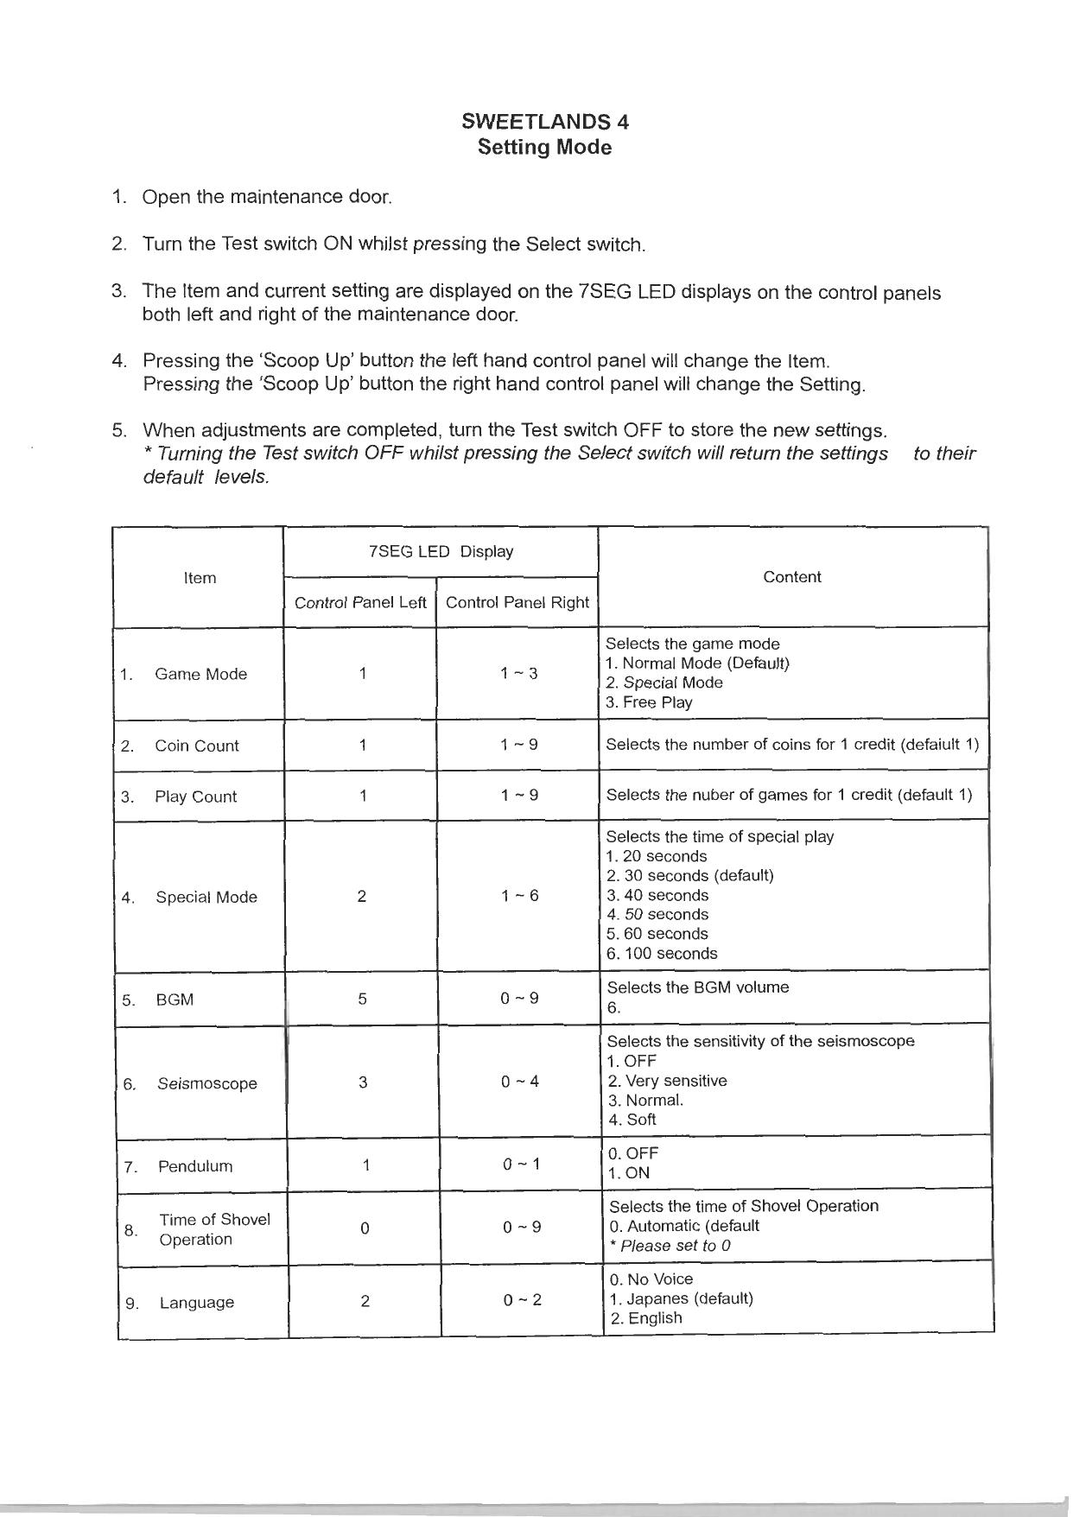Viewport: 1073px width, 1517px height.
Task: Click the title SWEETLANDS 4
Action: (545, 122)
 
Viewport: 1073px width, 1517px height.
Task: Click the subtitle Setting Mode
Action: (545, 148)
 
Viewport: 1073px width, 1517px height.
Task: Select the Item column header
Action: (200, 578)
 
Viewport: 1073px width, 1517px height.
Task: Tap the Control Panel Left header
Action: (360, 603)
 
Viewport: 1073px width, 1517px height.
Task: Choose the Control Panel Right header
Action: (517, 603)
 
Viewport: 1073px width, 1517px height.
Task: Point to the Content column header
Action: (792, 577)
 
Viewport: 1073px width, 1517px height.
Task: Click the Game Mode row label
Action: (200, 675)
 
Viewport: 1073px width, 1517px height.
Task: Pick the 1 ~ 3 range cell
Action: (518, 674)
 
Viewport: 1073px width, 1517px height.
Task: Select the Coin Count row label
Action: (197, 746)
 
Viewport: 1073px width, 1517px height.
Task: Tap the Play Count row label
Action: (195, 797)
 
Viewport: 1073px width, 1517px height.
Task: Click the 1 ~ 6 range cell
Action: (519, 896)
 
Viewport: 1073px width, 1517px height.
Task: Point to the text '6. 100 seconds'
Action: (663, 954)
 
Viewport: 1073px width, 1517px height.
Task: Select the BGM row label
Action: (175, 1000)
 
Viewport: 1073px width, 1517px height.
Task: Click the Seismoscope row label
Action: (207, 1084)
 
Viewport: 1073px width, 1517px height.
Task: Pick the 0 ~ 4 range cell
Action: (520, 1082)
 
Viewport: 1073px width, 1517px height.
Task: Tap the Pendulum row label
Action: (195, 1167)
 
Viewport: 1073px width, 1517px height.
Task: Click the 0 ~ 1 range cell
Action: (522, 1165)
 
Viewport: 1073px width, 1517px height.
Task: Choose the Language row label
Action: (197, 1303)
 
